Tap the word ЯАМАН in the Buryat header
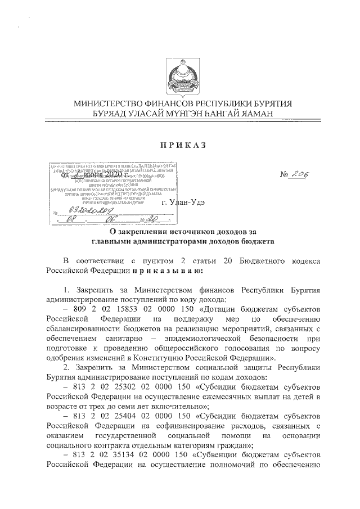tap(258, 114)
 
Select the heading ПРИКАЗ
tap(180, 145)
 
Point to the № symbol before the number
tap(286, 176)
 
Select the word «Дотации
tap(197, 310)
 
